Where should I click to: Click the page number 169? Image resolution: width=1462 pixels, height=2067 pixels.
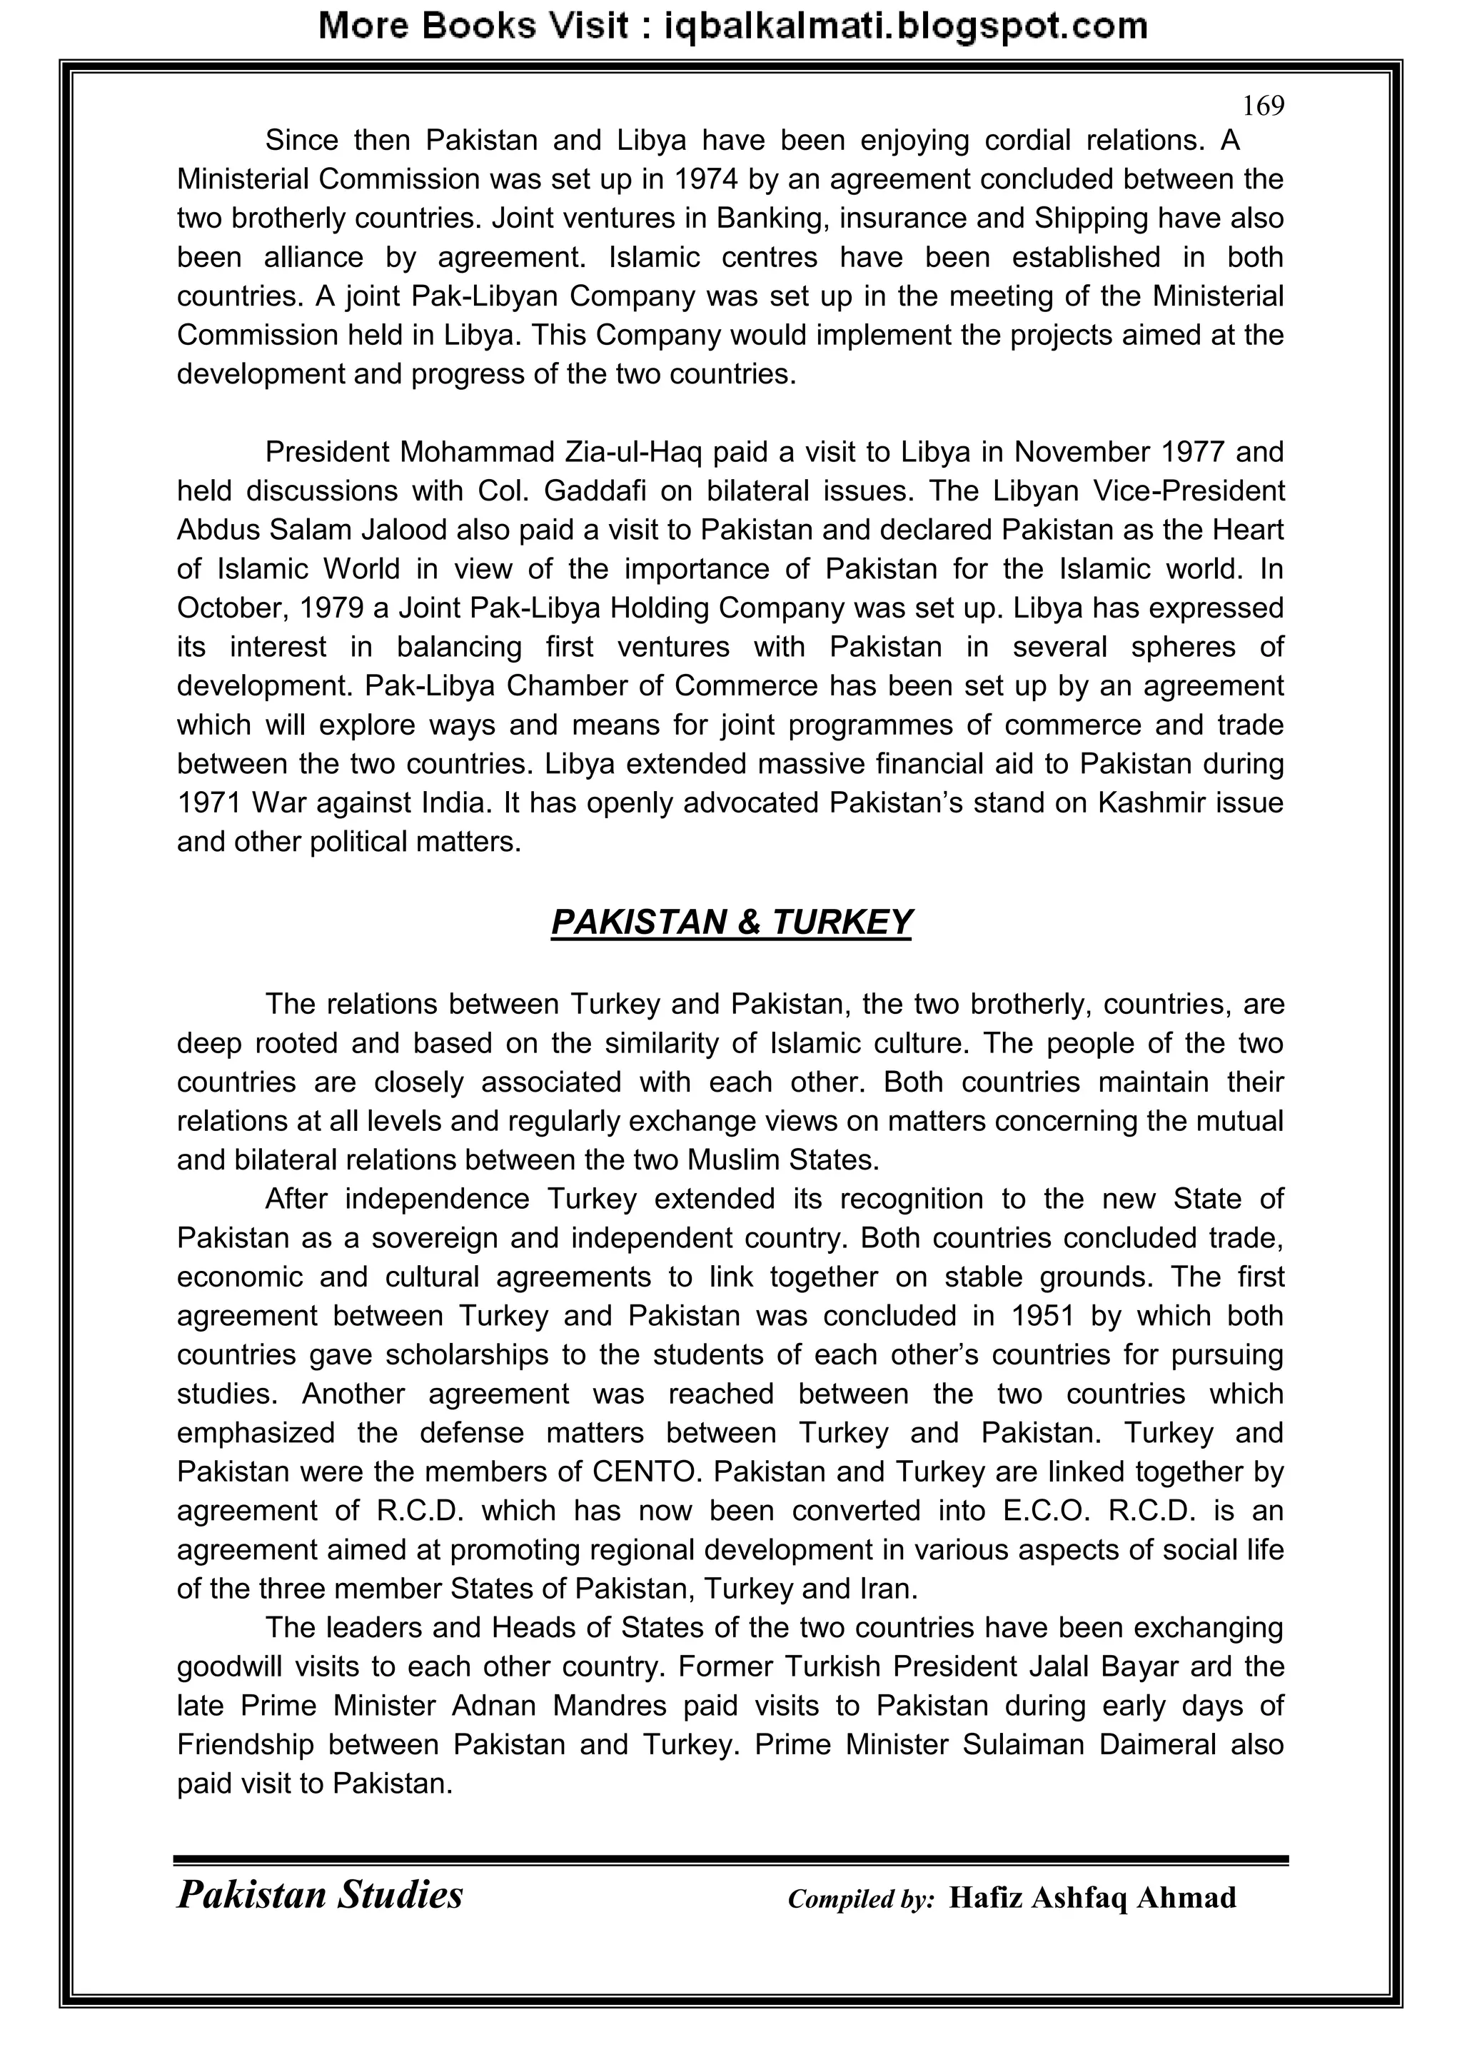pyautogui.click(x=1263, y=107)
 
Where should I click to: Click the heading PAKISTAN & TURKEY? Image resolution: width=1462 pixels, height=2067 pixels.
pyautogui.click(x=731, y=922)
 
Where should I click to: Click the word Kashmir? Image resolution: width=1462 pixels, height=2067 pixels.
pyautogui.click(x=1141, y=803)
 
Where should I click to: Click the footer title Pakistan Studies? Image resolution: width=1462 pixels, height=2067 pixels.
pyautogui.click(x=321, y=1896)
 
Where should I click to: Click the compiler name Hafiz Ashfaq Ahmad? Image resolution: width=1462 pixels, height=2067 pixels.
pyautogui.click(x=1092, y=1898)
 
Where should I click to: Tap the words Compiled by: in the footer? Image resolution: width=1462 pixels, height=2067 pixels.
pyautogui.click(x=861, y=1899)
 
